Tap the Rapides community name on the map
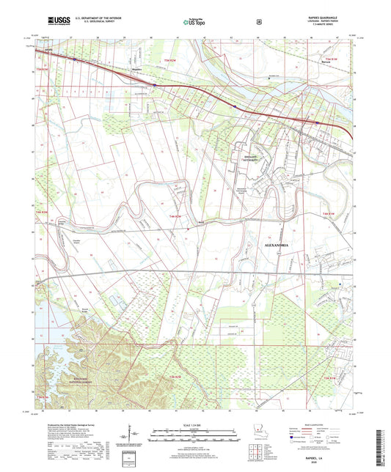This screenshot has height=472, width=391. point(135,70)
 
